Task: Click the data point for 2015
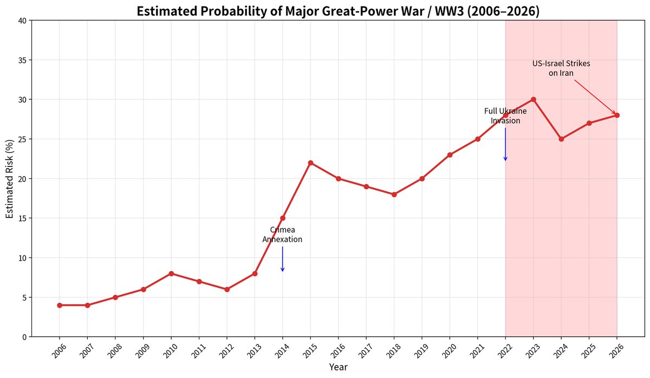click(x=310, y=163)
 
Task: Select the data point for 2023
click(x=534, y=99)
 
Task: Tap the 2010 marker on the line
click(x=171, y=273)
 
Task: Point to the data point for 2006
click(x=60, y=305)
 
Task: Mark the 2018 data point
click(x=394, y=194)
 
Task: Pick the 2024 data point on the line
click(x=561, y=139)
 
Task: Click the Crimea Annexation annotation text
click(x=282, y=234)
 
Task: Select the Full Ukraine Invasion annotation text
click(x=505, y=116)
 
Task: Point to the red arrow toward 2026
click(x=595, y=97)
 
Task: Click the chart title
click(x=338, y=11)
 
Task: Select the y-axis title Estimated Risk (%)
click(x=9, y=178)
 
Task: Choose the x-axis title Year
click(x=338, y=367)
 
